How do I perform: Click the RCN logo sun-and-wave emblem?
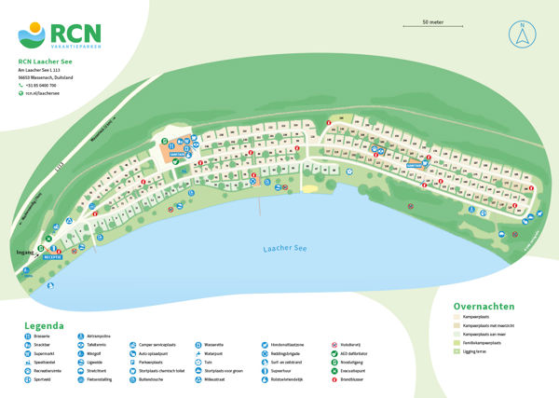point(31,34)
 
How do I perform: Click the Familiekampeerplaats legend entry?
point(482,342)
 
